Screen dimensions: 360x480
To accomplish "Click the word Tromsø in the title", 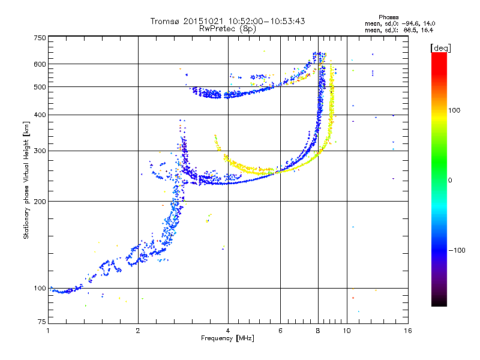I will click(166, 21).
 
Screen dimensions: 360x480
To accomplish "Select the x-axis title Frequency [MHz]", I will click(227, 338).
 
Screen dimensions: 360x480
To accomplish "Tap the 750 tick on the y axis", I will click(40, 37).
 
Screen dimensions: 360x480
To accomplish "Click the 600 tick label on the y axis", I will click(40, 64).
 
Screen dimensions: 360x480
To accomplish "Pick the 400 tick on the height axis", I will click(40, 115).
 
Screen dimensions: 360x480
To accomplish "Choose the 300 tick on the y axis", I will click(40, 151).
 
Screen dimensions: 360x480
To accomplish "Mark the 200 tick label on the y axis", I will click(40, 202).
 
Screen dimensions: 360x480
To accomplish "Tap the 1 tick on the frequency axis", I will click(48, 331).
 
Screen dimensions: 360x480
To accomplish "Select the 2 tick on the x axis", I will click(138, 331).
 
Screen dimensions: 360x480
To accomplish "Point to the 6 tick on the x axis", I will click(280, 331).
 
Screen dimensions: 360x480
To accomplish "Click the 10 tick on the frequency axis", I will click(346, 331).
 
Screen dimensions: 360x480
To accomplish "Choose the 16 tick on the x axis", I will click(407, 331).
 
